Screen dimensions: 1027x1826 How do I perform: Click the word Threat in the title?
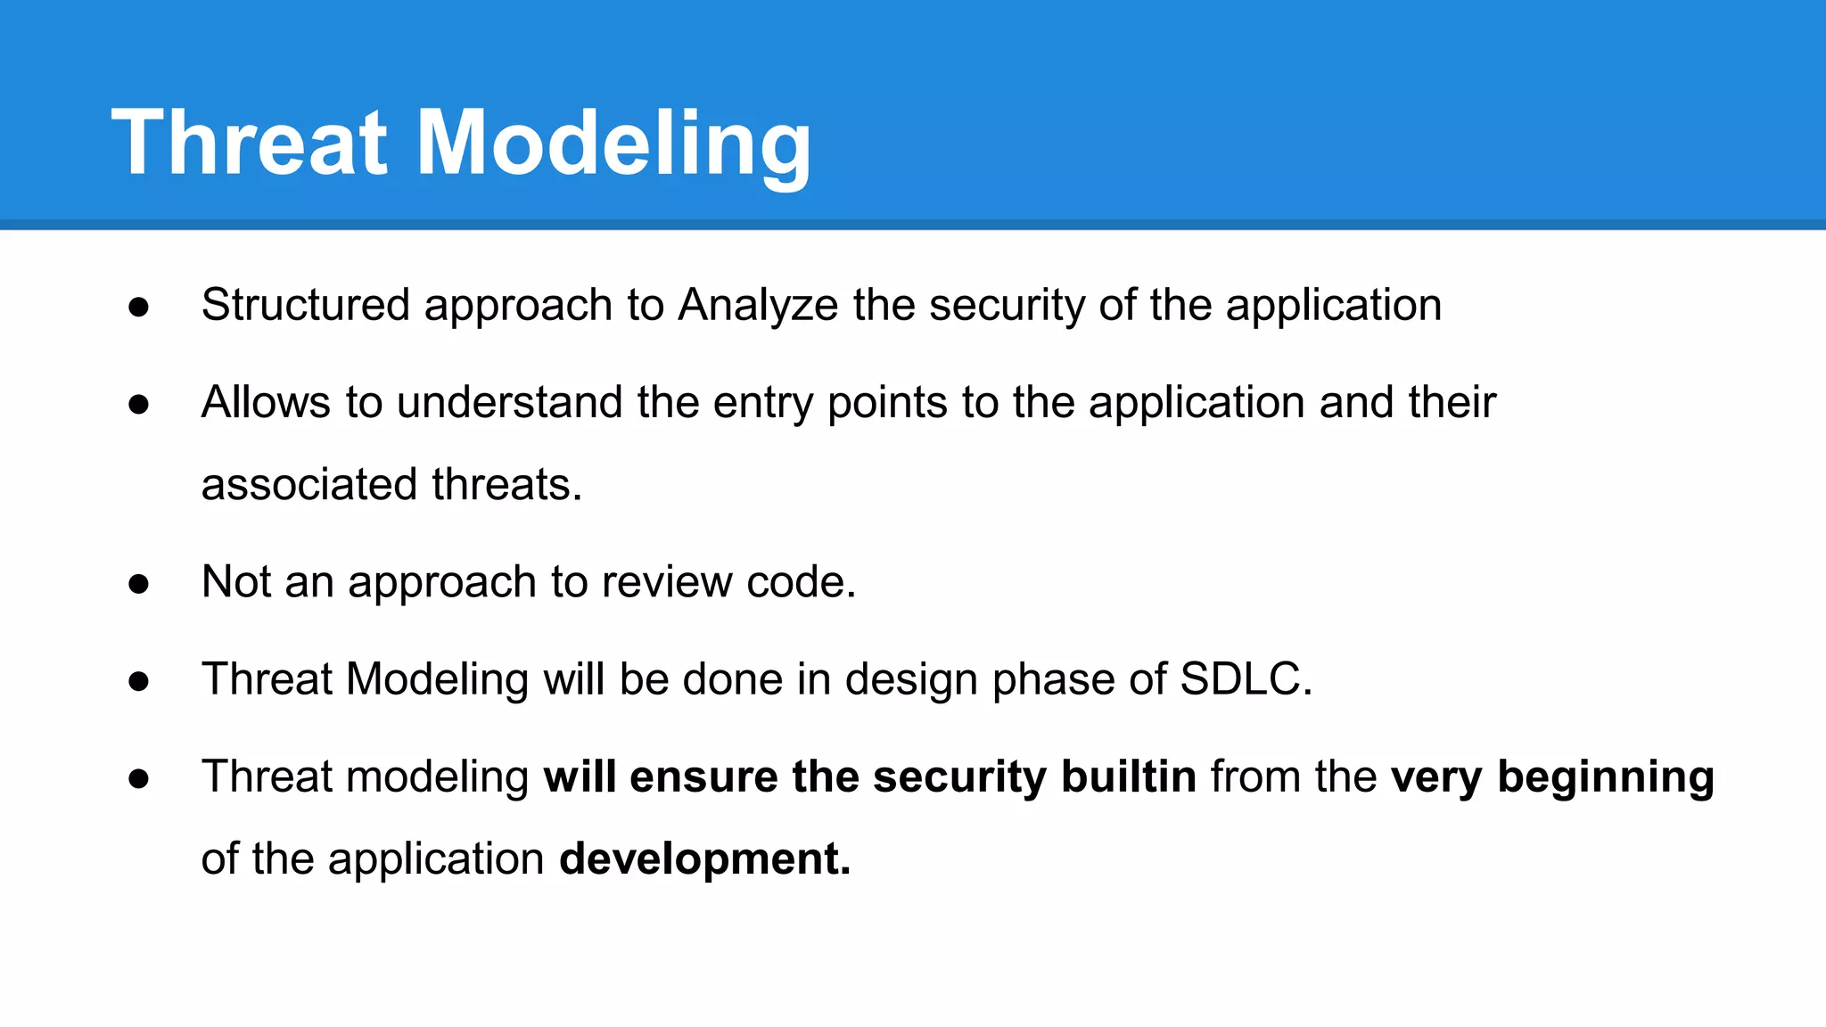[x=250, y=143]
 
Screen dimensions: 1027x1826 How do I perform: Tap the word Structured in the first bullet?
[x=305, y=305]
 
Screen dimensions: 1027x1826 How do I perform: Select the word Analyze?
[x=758, y=305]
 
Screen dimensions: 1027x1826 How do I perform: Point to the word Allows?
[x=266, y=402]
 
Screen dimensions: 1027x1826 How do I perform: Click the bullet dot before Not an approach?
[x=138, y=584]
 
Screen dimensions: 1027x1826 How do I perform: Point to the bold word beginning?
[x=1605, y=776]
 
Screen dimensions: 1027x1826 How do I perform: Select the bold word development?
[x=704, y=859]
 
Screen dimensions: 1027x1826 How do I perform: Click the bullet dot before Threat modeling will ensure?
[x=138, y=779]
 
